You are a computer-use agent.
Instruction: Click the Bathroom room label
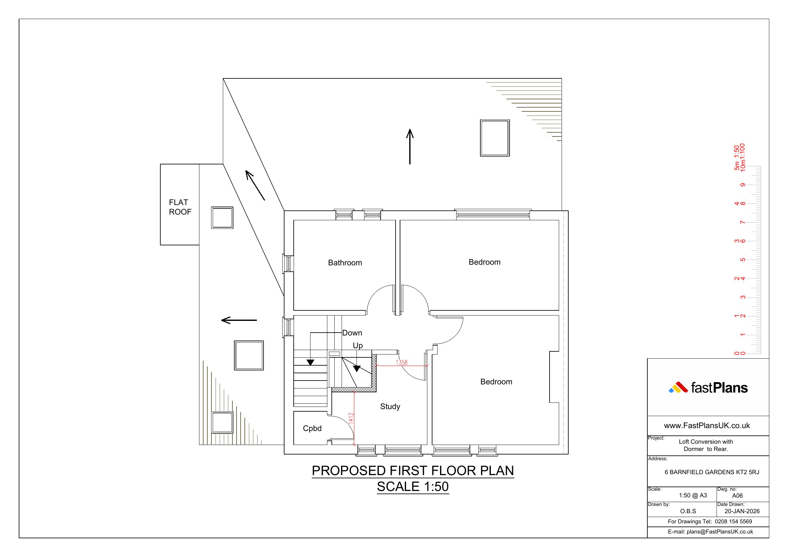345,263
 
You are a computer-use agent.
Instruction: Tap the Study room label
390,407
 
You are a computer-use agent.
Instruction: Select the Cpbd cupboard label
312,428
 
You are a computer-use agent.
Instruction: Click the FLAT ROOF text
180,207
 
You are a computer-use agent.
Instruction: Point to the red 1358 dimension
402,362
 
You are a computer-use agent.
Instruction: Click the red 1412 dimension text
351,418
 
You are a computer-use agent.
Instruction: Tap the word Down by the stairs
352,333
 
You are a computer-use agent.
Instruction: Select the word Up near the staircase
357,346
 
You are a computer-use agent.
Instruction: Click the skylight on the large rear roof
495,138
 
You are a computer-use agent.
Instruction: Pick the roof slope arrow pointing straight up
410,147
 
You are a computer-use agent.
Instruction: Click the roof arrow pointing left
239,320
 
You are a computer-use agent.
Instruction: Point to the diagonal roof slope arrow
255,185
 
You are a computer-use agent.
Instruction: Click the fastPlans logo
708,388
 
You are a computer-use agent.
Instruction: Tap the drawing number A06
737,495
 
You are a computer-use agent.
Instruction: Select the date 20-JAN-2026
742,511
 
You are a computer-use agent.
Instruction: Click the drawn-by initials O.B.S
688,511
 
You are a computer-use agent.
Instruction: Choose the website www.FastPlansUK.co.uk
707,426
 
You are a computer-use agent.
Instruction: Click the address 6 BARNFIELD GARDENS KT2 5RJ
712,472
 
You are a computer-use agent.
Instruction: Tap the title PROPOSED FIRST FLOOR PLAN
413,471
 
